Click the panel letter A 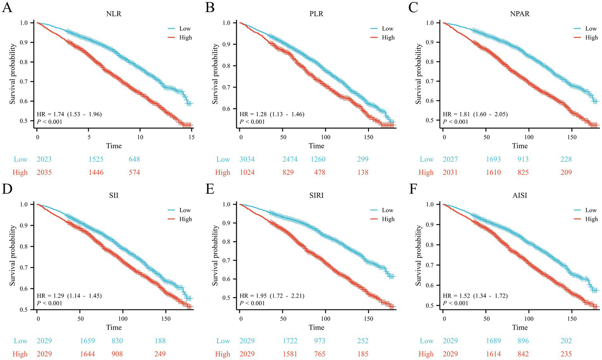point(7,7)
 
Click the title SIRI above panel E point(316,195)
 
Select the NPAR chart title point(520,13)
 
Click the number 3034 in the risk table point(247,159)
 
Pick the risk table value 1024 point(247,172)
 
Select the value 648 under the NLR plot point(134,159)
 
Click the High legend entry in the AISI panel point(591,219)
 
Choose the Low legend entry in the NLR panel point(185,29)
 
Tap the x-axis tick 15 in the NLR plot point(191,137)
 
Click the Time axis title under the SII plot point(114,327)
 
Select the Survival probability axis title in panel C point(418,74)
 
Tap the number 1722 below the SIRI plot point(288,341)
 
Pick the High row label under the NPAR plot point(426,172)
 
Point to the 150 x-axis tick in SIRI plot point(368,318)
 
